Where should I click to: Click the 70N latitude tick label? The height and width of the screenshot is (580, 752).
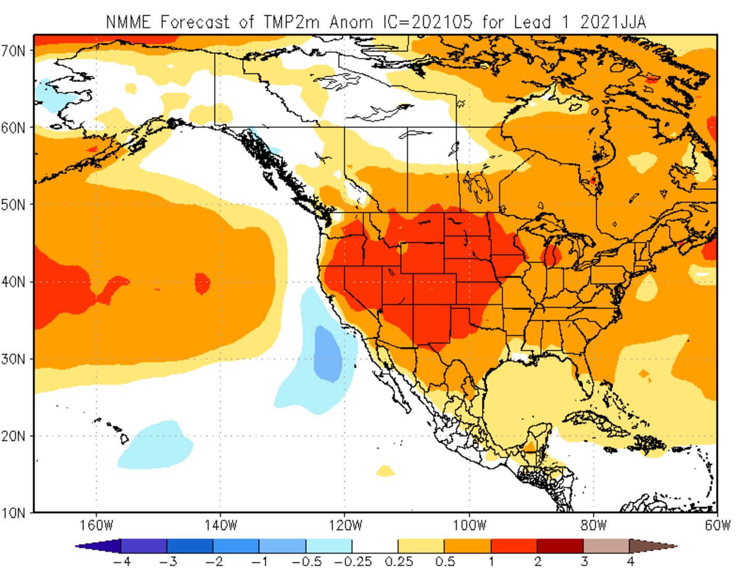pos(13,51)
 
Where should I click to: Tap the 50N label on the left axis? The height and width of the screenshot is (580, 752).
pos(13,204)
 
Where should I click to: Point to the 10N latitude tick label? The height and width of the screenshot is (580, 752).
pos(13,513)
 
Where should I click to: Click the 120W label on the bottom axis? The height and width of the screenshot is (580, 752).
pos(345,525)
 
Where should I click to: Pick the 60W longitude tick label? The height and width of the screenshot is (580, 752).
pos(717,525)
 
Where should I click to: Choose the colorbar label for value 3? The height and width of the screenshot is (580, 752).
pos(584,562)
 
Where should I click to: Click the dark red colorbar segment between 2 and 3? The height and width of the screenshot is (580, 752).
pos(560,546)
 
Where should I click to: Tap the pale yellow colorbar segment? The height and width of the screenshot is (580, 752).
pos(421,546)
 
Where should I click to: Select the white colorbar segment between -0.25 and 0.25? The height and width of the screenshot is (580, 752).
pos(375,546)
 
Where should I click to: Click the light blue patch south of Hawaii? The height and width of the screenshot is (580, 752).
pos(156,445)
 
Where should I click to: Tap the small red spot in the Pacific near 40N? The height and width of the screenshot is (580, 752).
pos(202,283)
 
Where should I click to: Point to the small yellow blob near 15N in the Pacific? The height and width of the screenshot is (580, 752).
pos(385,471)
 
